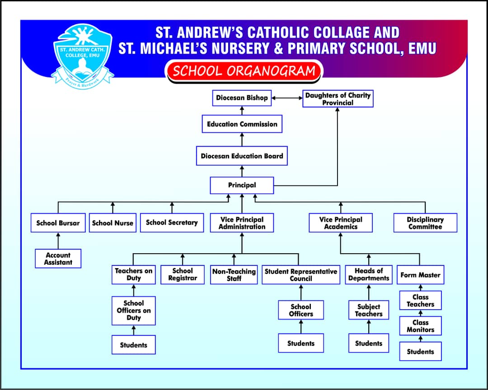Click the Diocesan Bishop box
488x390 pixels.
pyautogui.click(x=242, y=98)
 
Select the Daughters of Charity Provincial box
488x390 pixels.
pyautogui.click(x=338, y=99)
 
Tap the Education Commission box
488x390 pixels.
pyautogui.click(x=242, y=124)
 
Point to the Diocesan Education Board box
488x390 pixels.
pyautogui.click(x=242, y=156)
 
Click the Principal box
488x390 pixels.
pyautogui.click(x=242, y=185)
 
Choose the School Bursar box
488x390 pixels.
pyautogui.click(x=58, y=223)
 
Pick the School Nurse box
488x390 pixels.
pyautogui.click(x=113, y=223)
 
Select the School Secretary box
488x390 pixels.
pyautogui.click(x=172, y=223)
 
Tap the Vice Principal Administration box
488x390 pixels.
pyautogui.click(x=242, y=223)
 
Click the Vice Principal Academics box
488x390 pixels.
pyautogui.click(x=341, y=223)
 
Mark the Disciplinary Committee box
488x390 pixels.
pyautogui.click(x=425, y=223)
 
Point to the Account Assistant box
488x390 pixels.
pyautogui.click(x=58, y=259)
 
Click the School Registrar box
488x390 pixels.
pyautogui.click(x=183, y=274)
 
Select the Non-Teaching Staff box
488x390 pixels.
pyautogui.click(x=234, y=275)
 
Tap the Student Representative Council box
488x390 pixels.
pyautogui.click(x=301, y=275)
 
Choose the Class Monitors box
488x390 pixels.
pyautogui.click(x=420, y=326)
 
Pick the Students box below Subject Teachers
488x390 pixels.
pyautogui.click(x=369, y=344)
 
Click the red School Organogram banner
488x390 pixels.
pyautogui.click(x=244, y=71)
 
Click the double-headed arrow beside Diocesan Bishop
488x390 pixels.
pyautogui.click(x=287, y=98)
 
